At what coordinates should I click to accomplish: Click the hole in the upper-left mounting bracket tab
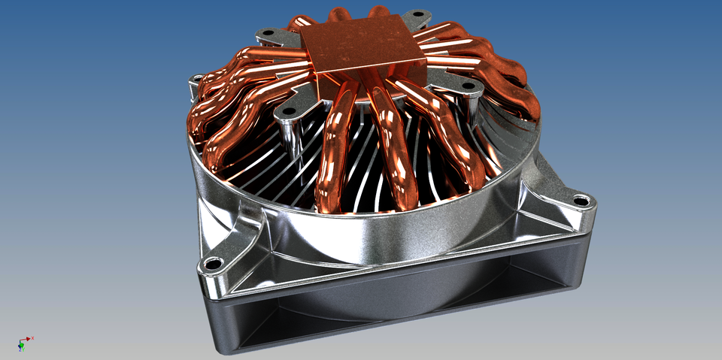pos(267,34)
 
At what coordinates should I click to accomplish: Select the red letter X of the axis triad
pos(33,337)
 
